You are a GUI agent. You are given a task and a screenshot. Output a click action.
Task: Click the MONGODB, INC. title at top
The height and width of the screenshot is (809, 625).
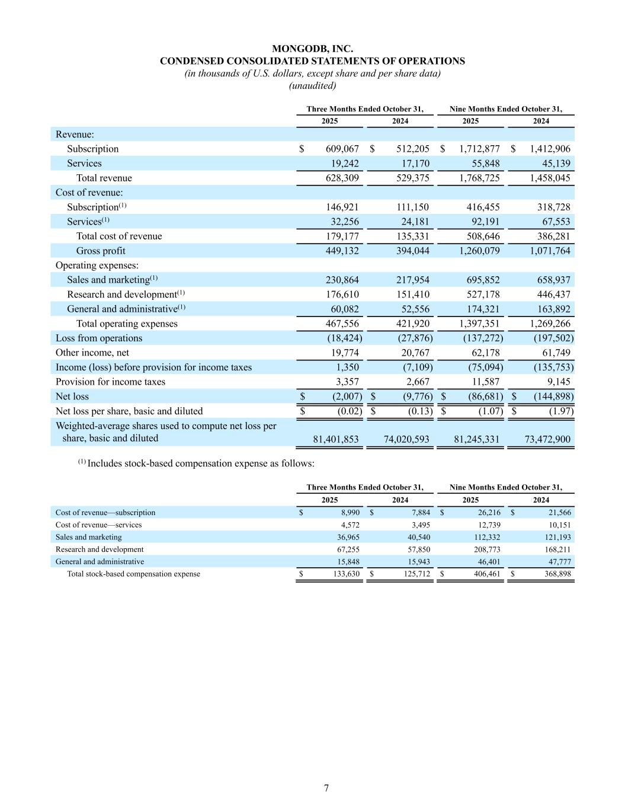pos(312,49)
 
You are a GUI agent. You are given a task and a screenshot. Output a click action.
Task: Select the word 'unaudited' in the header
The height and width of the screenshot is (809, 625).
pos(312,85)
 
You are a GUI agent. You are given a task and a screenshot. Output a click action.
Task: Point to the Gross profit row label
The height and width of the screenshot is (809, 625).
pos(101,251)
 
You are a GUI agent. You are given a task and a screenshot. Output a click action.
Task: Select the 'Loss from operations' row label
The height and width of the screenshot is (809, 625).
pos(99,338)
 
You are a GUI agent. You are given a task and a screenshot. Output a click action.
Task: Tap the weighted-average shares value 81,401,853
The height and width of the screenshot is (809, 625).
pos(335,439)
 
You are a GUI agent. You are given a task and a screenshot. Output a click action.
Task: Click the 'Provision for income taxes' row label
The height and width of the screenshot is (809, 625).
pos(110,382)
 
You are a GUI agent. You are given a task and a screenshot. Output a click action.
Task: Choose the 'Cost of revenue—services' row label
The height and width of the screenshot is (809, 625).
pos(98,525)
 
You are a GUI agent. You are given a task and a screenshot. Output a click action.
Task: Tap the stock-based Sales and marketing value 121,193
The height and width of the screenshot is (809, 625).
pos(555,537)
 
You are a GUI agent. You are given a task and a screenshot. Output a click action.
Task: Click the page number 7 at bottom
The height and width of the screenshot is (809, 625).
pos(326,788)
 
